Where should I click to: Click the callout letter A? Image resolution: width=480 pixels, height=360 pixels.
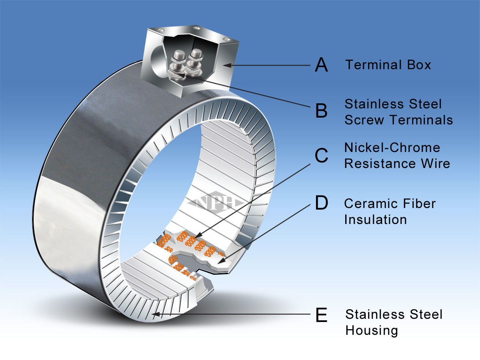[321, 65]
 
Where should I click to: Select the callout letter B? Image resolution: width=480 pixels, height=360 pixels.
[321, 111]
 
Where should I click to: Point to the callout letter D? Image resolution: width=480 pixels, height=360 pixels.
[321, 203]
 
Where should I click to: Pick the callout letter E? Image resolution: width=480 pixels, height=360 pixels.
[321, 315]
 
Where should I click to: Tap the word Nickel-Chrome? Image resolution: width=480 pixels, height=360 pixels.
[392, 148]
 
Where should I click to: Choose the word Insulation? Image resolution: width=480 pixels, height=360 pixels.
[375, 219]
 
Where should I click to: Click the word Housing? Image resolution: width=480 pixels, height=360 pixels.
[372, 330]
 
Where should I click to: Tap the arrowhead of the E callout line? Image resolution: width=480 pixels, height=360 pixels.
[154, 315]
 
